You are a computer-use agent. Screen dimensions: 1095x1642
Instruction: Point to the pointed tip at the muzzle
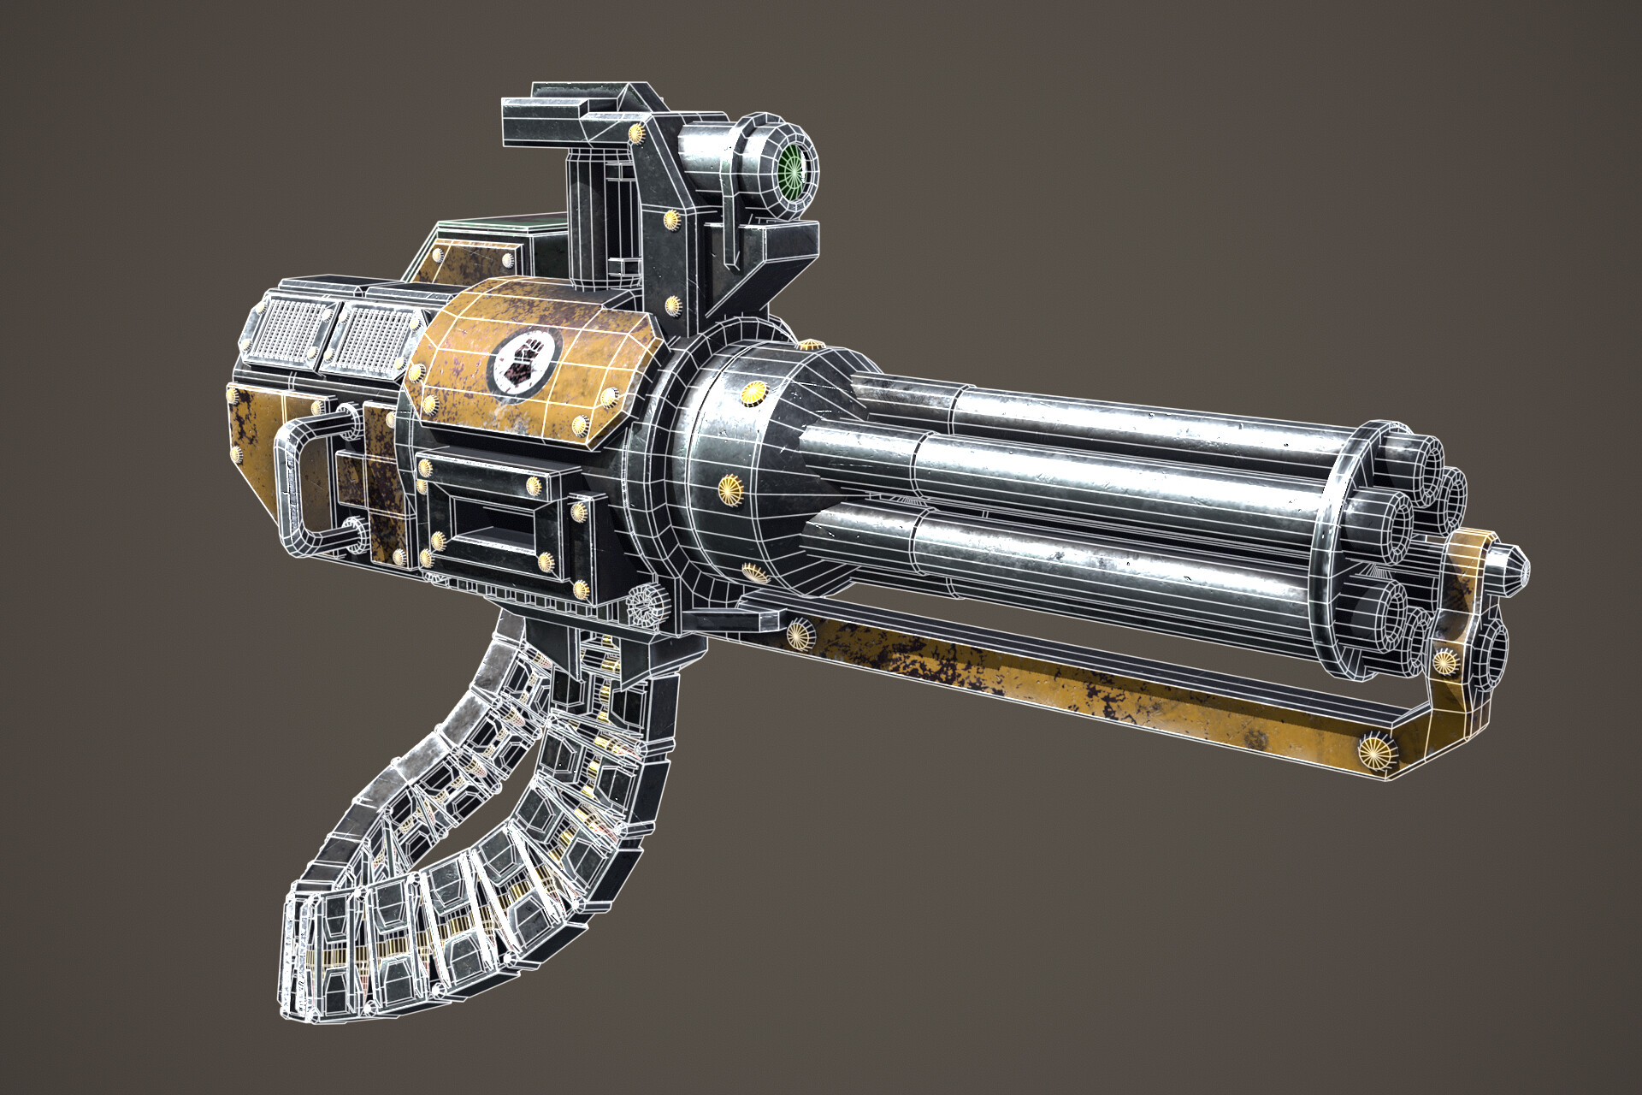pos(1515,568)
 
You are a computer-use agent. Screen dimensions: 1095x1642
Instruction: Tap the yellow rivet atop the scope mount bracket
pos(636,133)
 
